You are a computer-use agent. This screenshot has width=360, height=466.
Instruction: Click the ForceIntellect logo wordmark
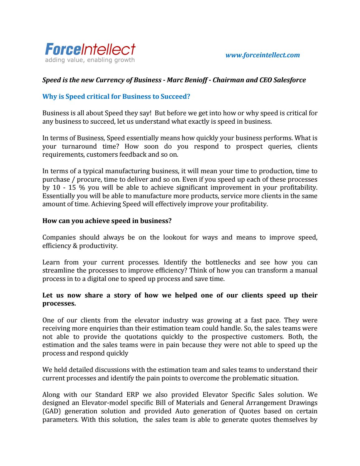[x=90, y=49]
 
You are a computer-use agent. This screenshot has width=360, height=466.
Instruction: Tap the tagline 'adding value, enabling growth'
[x=90, y=60]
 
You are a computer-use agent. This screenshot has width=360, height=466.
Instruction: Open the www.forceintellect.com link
[x=262, y=55]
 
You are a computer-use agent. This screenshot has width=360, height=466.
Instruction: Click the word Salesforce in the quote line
[x=291, y=80]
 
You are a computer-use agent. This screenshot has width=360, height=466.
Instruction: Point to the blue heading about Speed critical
[x=116, y=97]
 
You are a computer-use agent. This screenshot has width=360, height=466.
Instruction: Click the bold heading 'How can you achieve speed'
[x=107, y=221]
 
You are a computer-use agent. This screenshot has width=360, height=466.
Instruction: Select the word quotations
[x=141, y=337]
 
